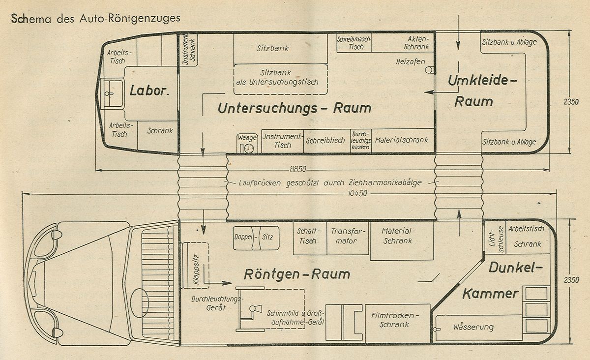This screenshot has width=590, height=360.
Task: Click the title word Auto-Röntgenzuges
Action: coord(130,18)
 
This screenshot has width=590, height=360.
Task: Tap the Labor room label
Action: coord(149,90)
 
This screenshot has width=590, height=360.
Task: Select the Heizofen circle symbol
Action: coord(429,70)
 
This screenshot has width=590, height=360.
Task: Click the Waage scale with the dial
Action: coord(247,144)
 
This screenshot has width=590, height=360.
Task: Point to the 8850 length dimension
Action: coord(298,169)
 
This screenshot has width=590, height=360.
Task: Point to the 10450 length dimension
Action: coord(357,193)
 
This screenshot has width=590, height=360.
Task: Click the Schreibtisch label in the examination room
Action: coord(325,141)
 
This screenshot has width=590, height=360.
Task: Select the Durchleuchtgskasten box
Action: coord(360,141)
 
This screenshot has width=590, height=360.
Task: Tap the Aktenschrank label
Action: coord(417,43)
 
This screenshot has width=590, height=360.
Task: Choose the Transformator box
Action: coord(348,238)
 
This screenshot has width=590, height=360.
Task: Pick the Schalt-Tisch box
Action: coord(310,238)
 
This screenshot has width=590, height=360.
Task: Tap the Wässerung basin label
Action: coord(473,327)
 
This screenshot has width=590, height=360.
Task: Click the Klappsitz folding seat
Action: coord(196,266)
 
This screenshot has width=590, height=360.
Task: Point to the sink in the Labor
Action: coord(113,93)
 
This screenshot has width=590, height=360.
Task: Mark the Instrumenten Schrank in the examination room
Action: coord(189,50)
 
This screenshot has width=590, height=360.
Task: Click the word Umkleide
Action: coord(482,80)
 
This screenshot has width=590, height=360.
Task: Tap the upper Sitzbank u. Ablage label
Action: coord(509,42)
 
